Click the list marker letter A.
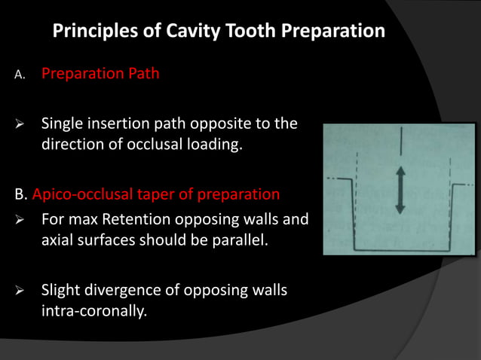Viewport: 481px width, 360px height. pos(19,75)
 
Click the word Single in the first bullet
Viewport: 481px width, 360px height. pos(63,124)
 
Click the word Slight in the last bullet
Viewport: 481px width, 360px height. pos(60,290)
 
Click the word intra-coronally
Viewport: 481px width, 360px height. pos(92,310)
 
